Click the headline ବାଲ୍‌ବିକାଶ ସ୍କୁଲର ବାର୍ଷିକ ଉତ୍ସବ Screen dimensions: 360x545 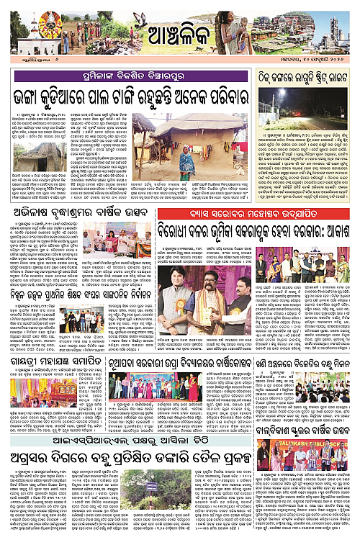(x=305, y=412)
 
